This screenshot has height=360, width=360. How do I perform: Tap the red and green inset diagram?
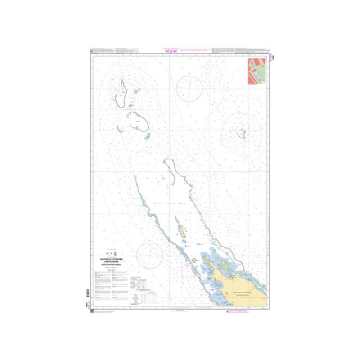(256, 71)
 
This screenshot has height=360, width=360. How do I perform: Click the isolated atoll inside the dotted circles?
(242, 134)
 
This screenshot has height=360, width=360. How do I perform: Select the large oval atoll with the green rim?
(138, 122)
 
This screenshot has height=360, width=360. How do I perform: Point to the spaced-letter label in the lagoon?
(169, 203)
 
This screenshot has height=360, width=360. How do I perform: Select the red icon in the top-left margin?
(92, 50)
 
